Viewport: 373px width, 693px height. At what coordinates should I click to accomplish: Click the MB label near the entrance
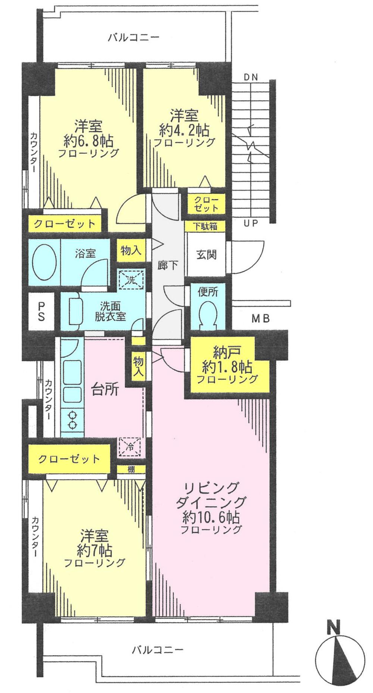tap(260, 319)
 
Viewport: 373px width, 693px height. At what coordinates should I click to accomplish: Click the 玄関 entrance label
tap(206, 255)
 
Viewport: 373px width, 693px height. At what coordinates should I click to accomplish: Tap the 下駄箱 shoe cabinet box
tap(206, 226)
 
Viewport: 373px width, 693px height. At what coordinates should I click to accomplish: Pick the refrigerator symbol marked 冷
tap(130, 446)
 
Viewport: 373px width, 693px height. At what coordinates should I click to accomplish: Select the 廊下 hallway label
tap(168, 265)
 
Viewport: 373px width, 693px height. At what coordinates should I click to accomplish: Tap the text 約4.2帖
tap(184, 130)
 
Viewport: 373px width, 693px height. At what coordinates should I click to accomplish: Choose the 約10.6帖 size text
tap(211, 517)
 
